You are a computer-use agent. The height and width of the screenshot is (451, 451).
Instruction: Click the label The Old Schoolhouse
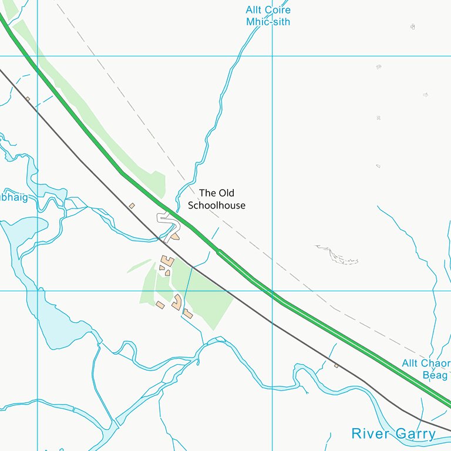pyautogui.click(x=216, y=199)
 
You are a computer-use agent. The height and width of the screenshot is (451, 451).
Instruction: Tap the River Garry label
pyautogui.click(x=393, y=434)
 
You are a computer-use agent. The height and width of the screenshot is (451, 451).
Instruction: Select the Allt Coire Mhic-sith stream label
pyautogui.click(x=268, y=16)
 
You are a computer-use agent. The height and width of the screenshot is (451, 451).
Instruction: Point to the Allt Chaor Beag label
pyautogui.click(x=426, y=369)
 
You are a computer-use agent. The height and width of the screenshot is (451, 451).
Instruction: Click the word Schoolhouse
pyautogui.click(x=216, y=206)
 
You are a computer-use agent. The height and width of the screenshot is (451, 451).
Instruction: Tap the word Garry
pyautogui.click(x=415, y=434)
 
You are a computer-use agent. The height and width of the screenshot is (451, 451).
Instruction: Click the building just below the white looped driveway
pyautogui.click(x=174, y=236)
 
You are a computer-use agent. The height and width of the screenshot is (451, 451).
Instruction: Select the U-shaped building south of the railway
pyautogui.click(x=168, y=260)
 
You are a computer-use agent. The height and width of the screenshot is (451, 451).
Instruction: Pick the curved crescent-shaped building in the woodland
pyautogui.click(x=177, y=302)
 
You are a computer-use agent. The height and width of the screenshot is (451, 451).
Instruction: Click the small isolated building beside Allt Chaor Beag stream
pyautogui.click(x=336, y=365)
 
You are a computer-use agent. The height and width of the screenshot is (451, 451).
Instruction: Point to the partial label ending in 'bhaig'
pyautogui.click(x=14, y=198)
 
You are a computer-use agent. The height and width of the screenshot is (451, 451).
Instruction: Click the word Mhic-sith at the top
pyautogui.click(x=268, y=22)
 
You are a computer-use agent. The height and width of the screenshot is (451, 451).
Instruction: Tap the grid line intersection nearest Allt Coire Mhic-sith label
pyautogui.click(x=272, y=56)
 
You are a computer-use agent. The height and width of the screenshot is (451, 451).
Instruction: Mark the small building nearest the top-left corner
pyautogui.click(x=28, y=99)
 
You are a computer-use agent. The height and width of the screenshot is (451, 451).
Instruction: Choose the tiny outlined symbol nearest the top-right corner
pyautogui.click(x=412, y=26)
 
